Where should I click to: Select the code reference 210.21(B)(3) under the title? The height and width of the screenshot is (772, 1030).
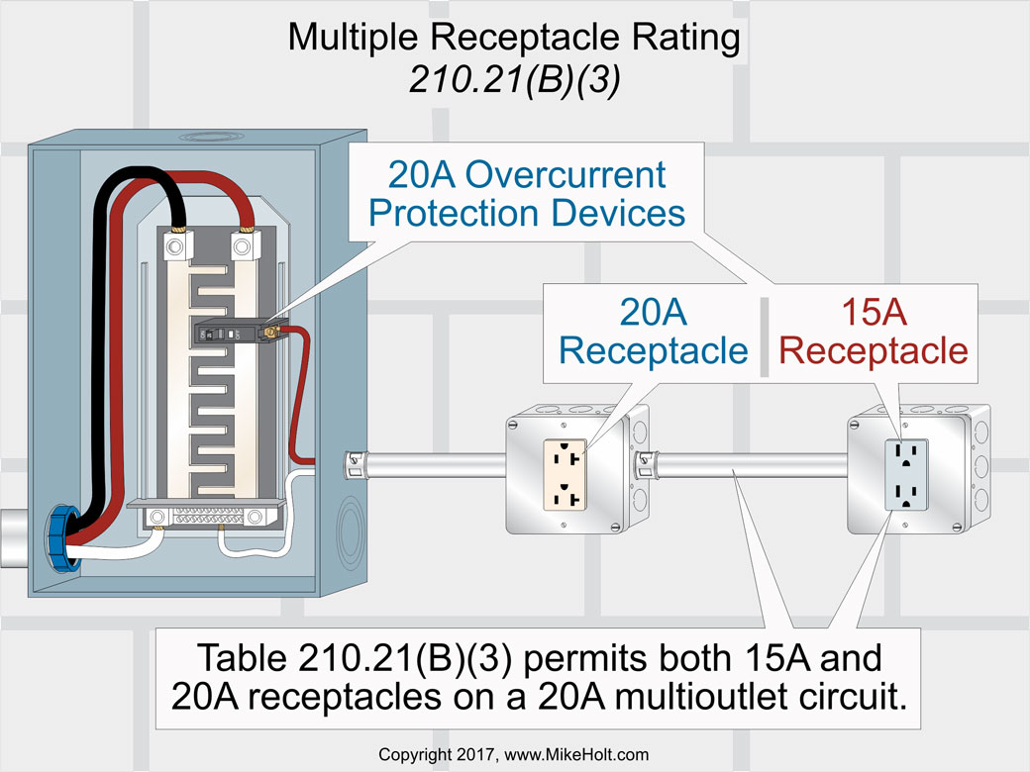(x=514, y=79)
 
